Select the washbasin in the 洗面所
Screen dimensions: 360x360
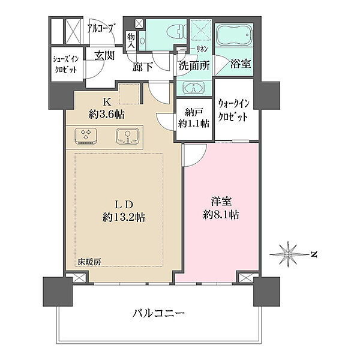point(193,88)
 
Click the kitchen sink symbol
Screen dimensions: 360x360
point(127,136)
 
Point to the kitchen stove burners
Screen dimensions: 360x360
point(86,136)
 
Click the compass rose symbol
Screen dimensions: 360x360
point(288,254)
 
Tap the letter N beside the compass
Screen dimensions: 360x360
point(314,254)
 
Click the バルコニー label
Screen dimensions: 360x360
point(158,313)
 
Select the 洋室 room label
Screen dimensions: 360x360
point(221,202)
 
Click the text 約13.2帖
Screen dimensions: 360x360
point(124,217)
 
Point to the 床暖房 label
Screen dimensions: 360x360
point(89,262)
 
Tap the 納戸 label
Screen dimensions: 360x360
point(194,113)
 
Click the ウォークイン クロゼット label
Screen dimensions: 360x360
point(233,110)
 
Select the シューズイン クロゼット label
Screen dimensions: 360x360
point(66,64)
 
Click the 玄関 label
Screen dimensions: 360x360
point(104,55)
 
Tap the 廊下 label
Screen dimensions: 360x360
point(142,67)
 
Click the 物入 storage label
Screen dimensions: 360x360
point(131,41)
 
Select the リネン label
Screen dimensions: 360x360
point(202,49)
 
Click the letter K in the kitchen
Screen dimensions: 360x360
point(107,102)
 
